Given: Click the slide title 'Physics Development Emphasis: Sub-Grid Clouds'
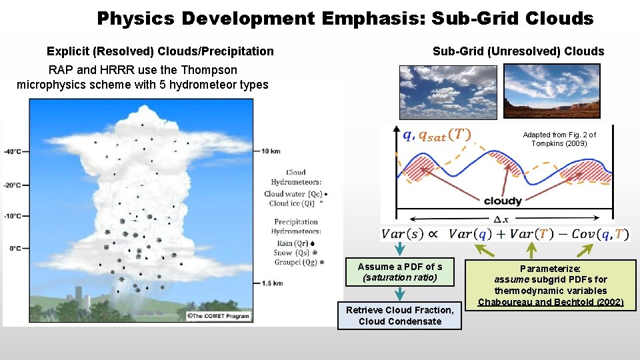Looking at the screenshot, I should pyautogui.click(x=345, y=18).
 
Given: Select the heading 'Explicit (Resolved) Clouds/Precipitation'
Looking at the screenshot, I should pyautogui.click(x=160, y=51).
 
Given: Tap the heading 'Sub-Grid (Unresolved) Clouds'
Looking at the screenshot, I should pyautogui.click(x=518, y=51).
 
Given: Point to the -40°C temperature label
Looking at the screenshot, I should pyautogui.click(x=12, y=151).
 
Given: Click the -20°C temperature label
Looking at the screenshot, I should pyautogui.click(x=12, y=185).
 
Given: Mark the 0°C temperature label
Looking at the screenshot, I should pyautogui.click(x=14, y=248).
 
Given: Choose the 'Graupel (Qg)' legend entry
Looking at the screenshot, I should pyautogui.click(x=294, y=263).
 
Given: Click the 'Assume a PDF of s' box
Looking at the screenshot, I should pyautogui.click(x=399, y=272).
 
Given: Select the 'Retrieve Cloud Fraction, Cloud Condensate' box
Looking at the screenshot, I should pyautogui.click(x=399, y=315).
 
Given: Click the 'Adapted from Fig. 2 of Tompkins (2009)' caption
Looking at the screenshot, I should pyautogui.click(x=559, y=139).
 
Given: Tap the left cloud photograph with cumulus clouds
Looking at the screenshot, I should pyautogui.click(x=448, y=91).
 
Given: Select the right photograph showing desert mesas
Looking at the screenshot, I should pyautogui.click(x=551, y=91).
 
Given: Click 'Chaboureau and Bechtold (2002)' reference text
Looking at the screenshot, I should pyautogui.click(x=551, y=302).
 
